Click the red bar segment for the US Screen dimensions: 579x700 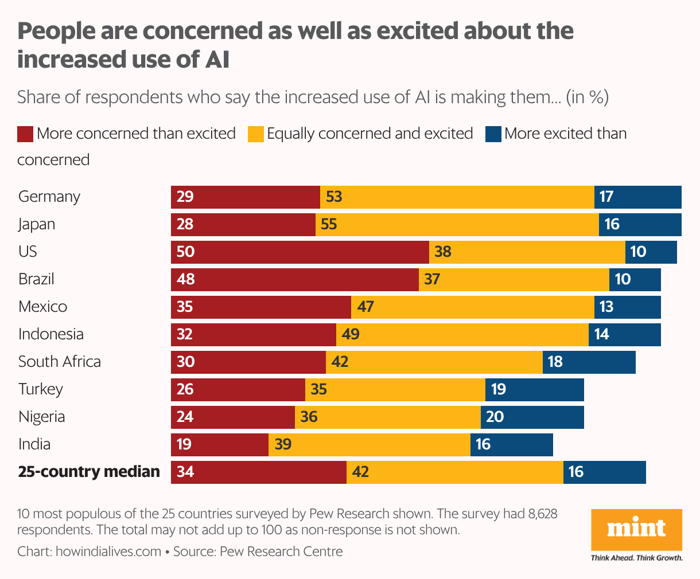click(x=300, y=252)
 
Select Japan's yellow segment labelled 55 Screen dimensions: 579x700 click(x=457, y=224)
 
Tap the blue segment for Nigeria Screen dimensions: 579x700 click(x=532, y=417)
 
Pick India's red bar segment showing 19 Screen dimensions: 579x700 click(x=219, y=444)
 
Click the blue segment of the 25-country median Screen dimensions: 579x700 click(x=604, y=472)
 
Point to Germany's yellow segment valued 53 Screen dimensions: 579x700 click(x=457, y=197)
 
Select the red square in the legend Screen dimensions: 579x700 click(x=25, y=134)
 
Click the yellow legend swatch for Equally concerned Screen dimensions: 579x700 click(x=255, y=134)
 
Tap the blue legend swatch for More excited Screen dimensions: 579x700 click(x=493, y=134)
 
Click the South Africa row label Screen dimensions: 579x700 click(x=60, y=362)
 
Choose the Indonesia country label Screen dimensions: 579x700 click(x=51, y=334)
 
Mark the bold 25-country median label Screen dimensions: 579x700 click(x=89, y=472)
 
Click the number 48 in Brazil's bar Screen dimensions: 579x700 click(x=186, y=279)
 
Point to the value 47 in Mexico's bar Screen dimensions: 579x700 click(x=365, y=307)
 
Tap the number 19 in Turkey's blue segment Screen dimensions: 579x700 click(x=498, y=389)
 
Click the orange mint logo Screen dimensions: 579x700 click(x=636, y=529)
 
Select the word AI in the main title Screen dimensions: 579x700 click(x=217, y=59)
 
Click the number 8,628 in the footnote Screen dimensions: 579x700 click(x=542, y=514)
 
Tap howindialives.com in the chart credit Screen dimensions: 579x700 click(x=108, y=551)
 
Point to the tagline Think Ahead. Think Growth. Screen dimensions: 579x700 click(x=636, y=558)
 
